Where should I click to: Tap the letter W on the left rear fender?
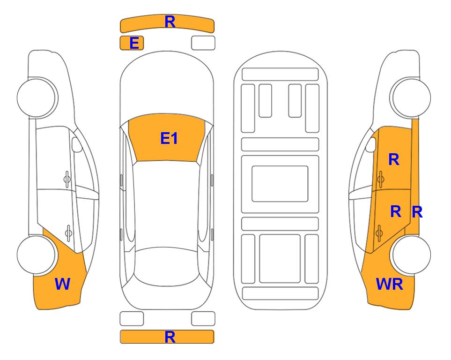[x=62, y=284]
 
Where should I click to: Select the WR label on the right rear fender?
[x=390, y=284]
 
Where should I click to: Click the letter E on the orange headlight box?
[x=134, y=43]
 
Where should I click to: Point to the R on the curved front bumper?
[x=170, y=22]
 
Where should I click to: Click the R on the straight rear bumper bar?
[x=170, y=337]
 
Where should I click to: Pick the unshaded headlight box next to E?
[x=203, y=43]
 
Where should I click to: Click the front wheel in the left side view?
[x=37, y=97]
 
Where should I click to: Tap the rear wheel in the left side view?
[x=37, y=255]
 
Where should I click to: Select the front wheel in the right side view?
[x=410, y=97]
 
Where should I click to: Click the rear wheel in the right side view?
[x=410, y=255]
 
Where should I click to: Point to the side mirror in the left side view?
[x=76, y=144]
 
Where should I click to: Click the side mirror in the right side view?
[x=371, y=144]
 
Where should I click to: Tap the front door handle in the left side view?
[x=67, y=179]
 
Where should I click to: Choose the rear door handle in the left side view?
[x=68, y=232]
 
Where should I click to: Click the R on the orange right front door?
[x=394, y=159]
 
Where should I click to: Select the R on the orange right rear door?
[x=396, y=211]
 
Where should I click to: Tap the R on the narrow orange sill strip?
[x=417, y=212]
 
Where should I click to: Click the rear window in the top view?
[x=167, y=266]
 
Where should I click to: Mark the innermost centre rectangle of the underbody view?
[x=280, y=184]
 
